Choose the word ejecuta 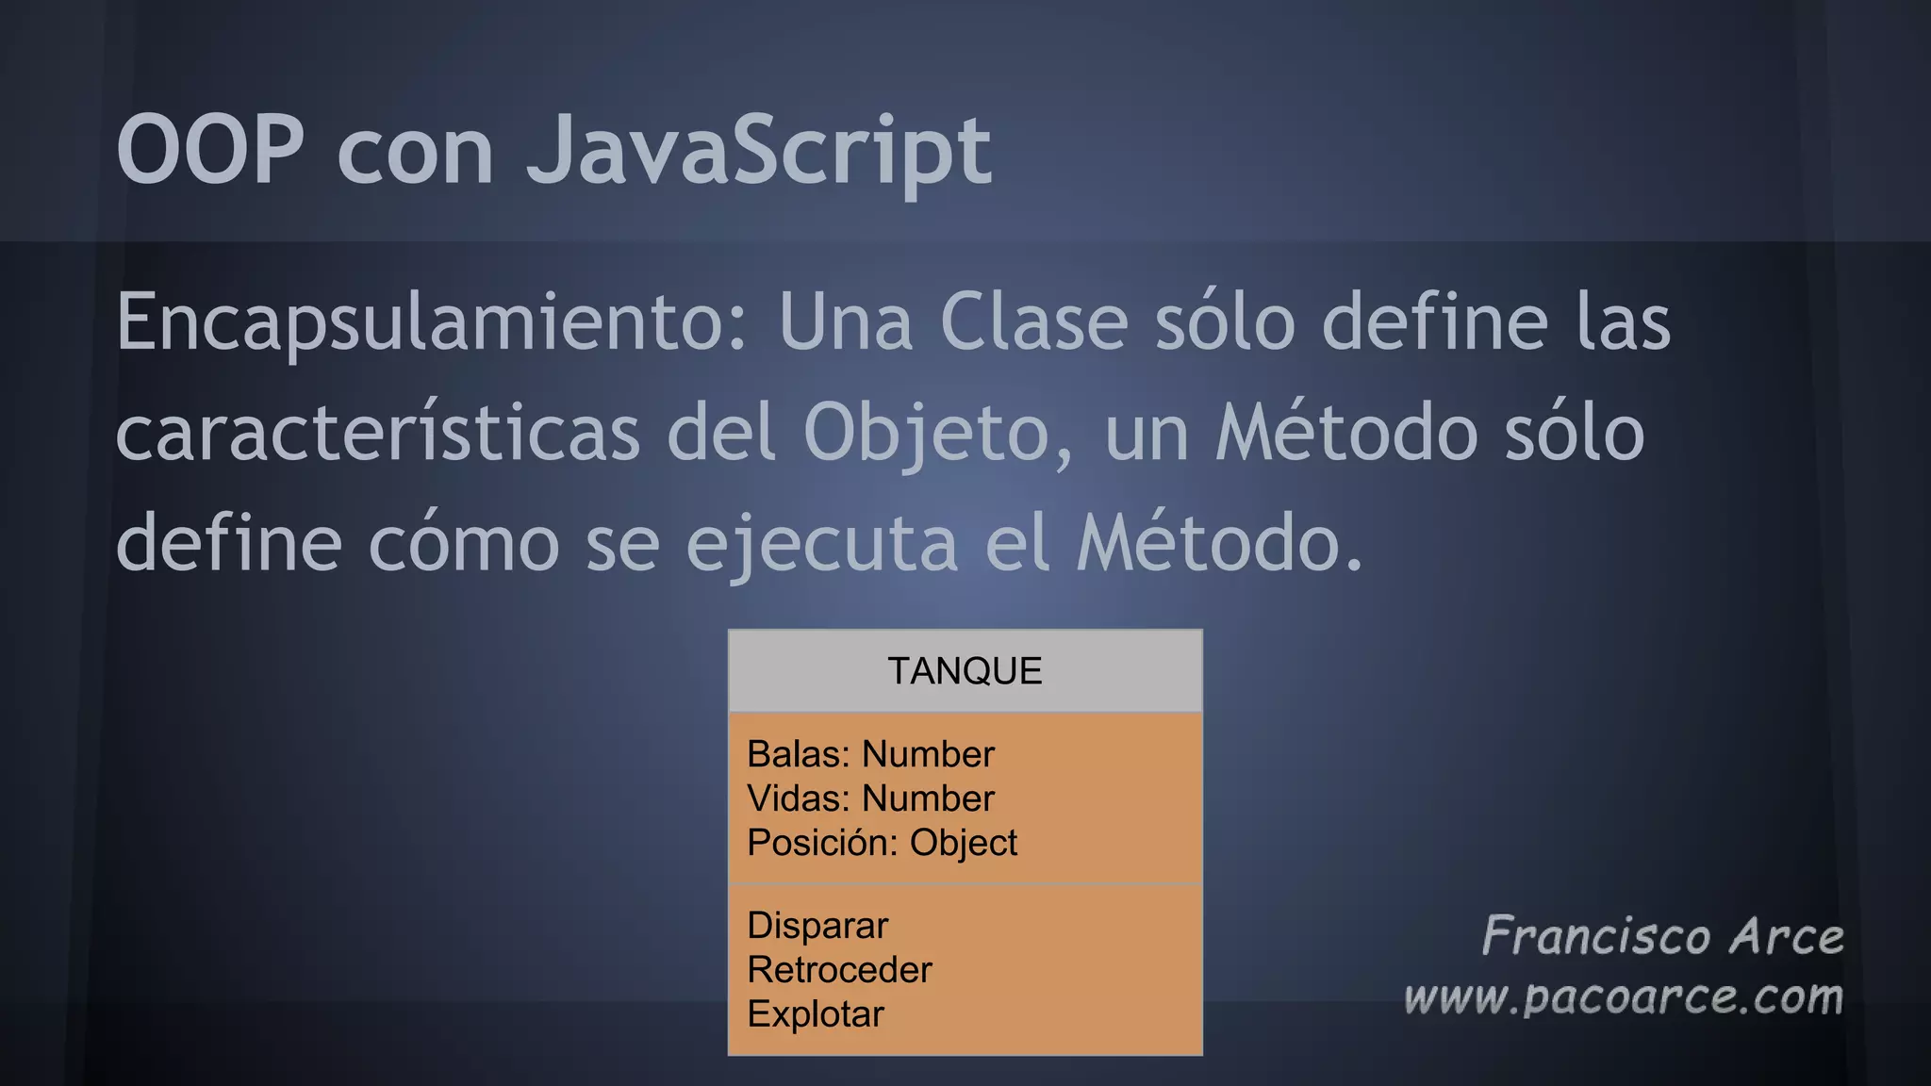(x=821, y=544)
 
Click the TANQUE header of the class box (x=965, y=671)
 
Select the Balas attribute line (x=870, y=754)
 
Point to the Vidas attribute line (x=870, y=798)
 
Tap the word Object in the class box (x=963, y=843)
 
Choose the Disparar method (x=817, y=926)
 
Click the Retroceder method (x=839, y=970)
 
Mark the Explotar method (x=816, y=1014)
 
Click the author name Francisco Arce (x=1662, y=937)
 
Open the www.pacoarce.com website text (x=1623, y=997)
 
